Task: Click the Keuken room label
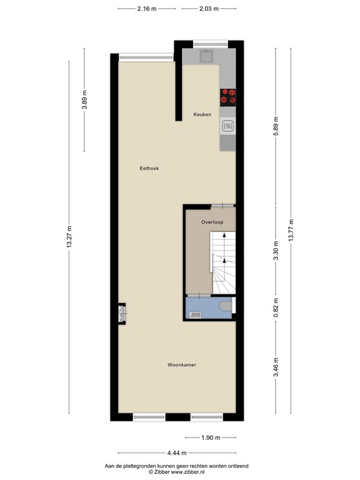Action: (x=202, y=114)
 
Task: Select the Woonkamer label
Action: (x=182, y=365)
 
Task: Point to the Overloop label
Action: (x=212, y=222)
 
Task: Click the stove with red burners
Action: (x=228, y=96)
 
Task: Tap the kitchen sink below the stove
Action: (x=227, y=127)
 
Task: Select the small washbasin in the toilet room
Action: (x=195, y=314)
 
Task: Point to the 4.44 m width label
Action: (x=176, y=454)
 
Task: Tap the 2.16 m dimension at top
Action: (x=147, y=9)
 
